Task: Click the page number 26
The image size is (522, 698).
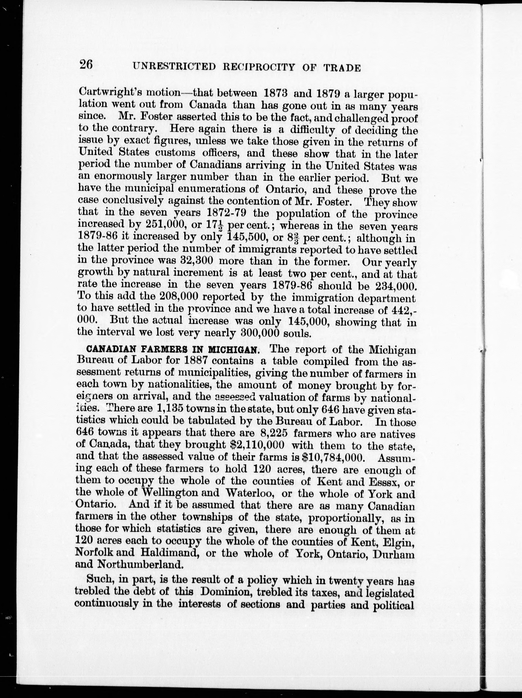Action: coord(86,65)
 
